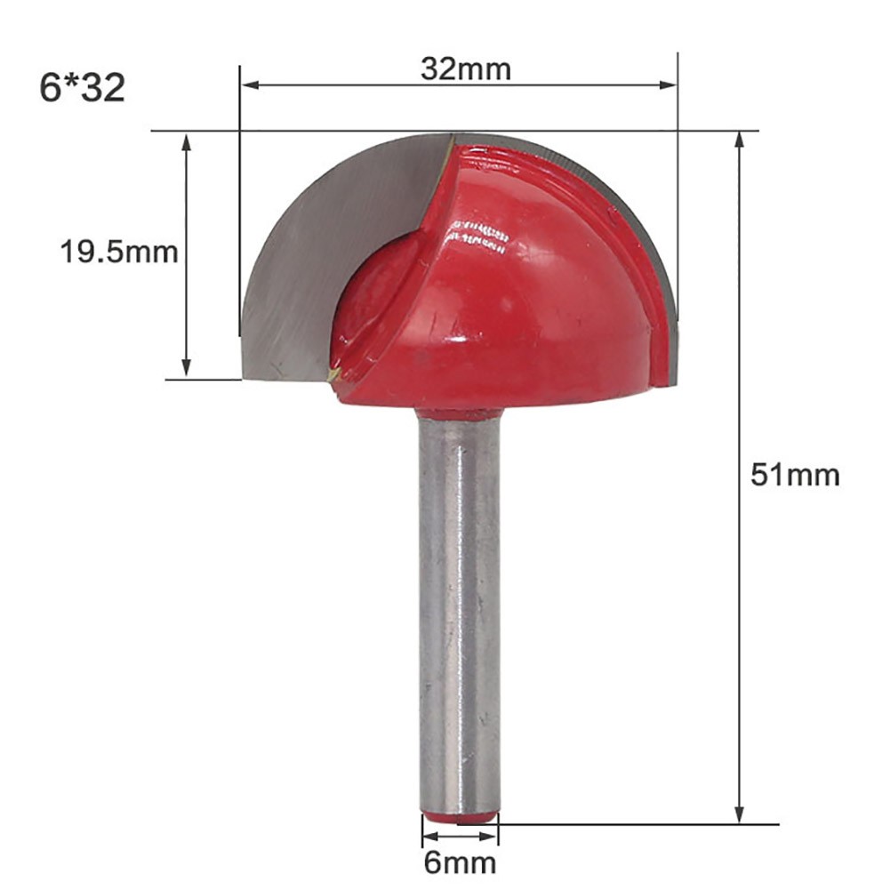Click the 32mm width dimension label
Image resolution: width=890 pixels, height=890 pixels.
point(465,68)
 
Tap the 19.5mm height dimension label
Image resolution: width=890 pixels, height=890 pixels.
point(119,252)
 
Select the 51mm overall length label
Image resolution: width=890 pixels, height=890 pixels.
point(795,475)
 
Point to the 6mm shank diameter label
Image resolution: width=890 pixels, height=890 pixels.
point(460,863)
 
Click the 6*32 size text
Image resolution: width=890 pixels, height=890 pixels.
point(83,88)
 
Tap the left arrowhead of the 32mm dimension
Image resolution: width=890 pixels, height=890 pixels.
point(251,85)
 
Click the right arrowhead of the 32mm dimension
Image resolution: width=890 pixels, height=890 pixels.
point(668,85)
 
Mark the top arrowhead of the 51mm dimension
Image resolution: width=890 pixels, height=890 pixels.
point(739,141)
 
